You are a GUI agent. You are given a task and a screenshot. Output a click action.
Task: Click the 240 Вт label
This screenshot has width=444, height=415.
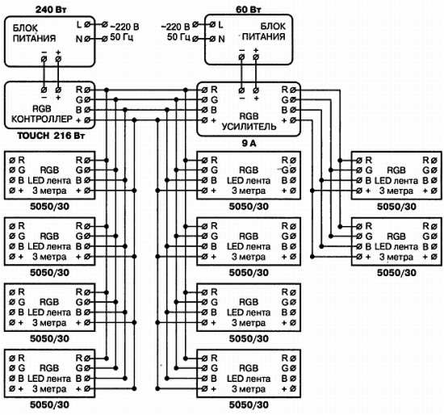51,10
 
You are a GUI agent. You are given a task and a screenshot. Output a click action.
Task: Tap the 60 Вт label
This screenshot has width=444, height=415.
249,10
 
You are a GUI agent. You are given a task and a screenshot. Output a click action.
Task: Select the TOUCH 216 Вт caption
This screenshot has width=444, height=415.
51,136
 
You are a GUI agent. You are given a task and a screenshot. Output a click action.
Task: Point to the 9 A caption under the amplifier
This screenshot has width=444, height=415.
249,144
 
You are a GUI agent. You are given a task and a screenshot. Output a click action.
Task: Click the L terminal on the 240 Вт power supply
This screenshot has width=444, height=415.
87,25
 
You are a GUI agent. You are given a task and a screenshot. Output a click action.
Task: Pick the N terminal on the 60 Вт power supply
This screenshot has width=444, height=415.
212,39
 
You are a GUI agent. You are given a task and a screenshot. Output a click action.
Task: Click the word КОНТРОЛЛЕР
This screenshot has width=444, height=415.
42,119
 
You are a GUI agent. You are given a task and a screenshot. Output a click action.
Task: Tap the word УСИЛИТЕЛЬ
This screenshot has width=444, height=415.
249,127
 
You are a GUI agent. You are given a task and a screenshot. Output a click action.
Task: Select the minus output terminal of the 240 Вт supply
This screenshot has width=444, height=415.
44,59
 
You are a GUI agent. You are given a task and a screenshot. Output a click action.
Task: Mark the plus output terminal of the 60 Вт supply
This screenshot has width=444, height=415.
256,57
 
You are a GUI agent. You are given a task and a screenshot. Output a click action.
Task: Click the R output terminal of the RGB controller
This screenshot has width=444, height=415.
87,90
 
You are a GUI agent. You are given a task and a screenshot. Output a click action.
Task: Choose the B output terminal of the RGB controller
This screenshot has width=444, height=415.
87,110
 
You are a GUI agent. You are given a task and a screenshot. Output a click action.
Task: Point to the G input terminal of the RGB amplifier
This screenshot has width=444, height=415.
204,100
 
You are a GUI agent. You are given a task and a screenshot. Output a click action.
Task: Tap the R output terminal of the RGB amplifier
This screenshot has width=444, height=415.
293,90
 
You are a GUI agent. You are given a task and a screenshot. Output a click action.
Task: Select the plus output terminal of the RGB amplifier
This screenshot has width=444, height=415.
293,120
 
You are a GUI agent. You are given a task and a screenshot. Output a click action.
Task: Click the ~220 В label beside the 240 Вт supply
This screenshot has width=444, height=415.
124,27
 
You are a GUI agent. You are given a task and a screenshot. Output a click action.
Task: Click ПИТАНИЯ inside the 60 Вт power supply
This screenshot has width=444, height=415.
264,36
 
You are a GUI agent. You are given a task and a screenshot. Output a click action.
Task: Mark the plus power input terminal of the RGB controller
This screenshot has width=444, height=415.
58,90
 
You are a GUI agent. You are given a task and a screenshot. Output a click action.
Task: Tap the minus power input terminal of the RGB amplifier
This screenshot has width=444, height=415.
241,90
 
